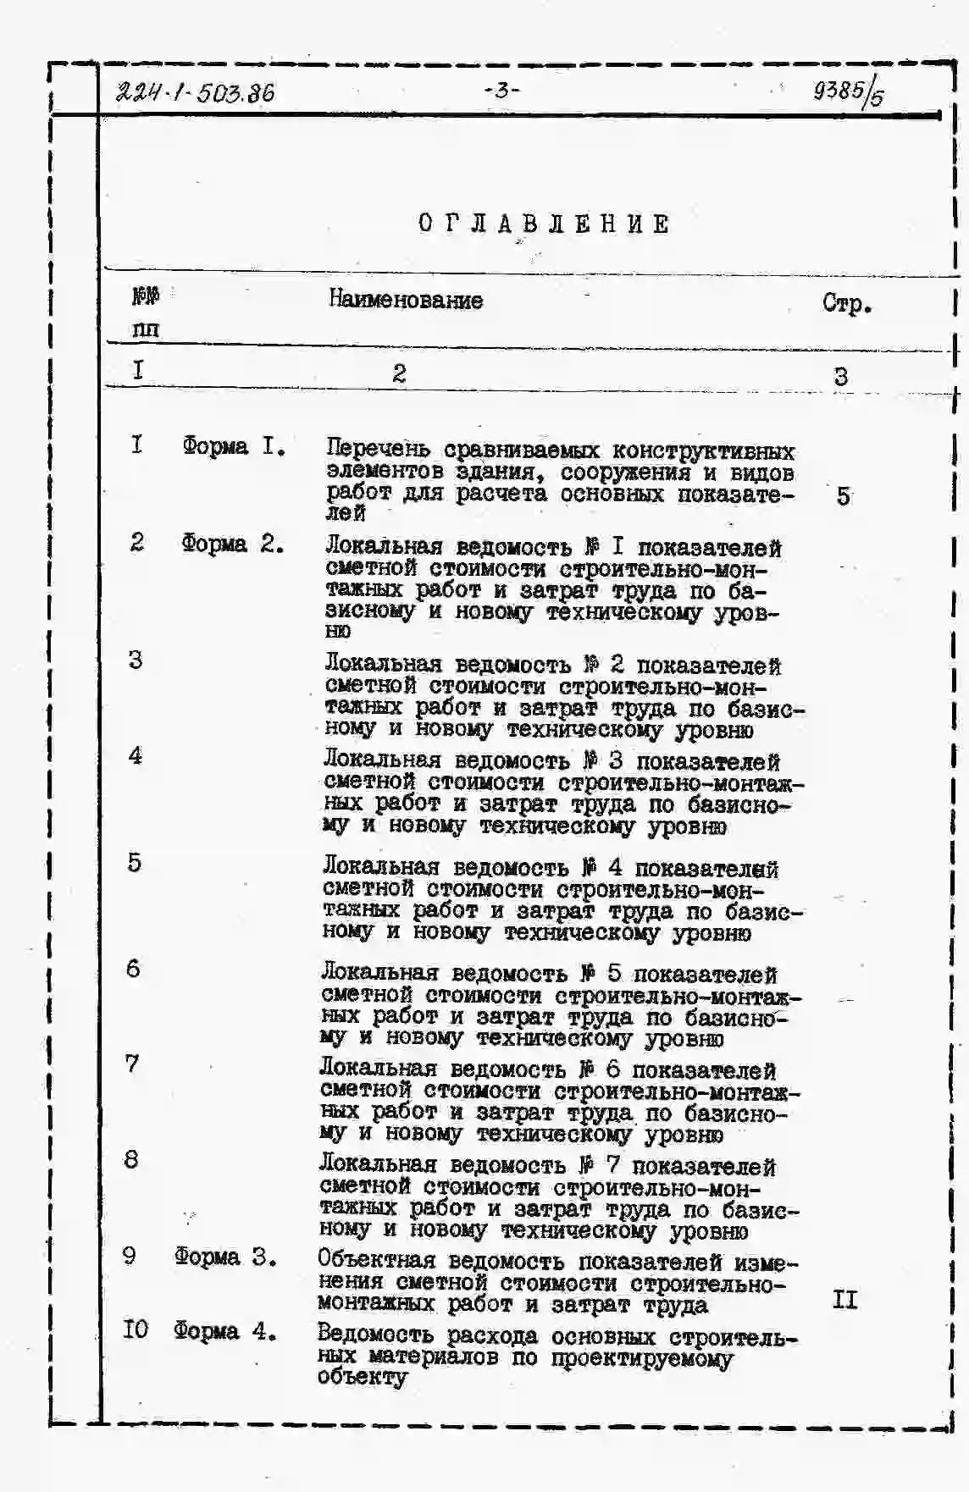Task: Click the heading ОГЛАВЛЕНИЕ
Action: tap(545, 224)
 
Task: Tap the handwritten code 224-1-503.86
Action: tap(195, 92)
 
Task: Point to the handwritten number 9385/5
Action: tap(847, 92)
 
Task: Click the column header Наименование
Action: tap(405, 300)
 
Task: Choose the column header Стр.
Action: tap(846, 303)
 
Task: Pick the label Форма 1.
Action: tap(233, 446)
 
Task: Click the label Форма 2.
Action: tap(232, 544)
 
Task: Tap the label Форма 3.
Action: tap(225, 1257)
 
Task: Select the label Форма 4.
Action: tap(225, 1331)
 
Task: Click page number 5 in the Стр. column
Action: tap(843, 496)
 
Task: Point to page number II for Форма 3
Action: tap(844, 1300)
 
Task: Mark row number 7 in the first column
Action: tap(132, 1064)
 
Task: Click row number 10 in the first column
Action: tap(135, 1329)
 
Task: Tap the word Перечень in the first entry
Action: tap(378, 450)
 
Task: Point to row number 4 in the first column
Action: tap(136, 756)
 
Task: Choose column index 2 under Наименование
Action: tap(399, 373)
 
